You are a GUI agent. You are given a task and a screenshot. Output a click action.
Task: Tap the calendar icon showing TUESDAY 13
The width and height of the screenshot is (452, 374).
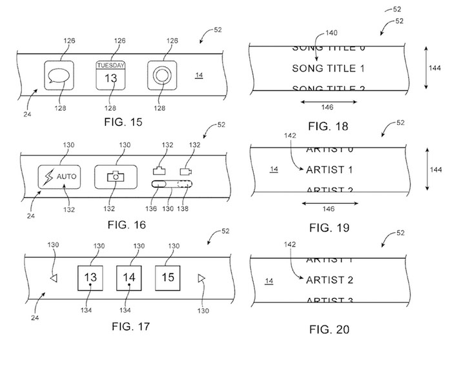coord(110,76)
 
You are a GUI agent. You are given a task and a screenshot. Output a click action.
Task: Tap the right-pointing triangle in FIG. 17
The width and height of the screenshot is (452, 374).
coord(201,278)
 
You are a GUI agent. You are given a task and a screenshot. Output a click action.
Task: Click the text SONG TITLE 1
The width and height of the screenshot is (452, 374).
coord(329,68)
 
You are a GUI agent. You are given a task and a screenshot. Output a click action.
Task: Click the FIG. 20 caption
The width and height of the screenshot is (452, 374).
coord(329,329)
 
